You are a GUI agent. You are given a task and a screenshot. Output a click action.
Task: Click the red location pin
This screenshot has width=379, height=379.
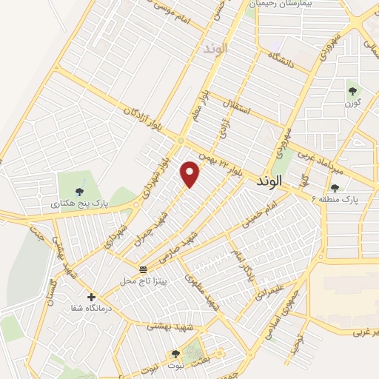pyautogui.click(x=191, y=173)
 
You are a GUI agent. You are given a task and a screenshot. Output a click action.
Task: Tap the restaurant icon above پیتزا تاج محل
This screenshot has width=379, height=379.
pyautogui.click(x=143, y=268)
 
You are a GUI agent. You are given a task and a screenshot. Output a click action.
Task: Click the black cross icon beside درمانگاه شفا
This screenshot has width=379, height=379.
pyautogui.click(x=91, y=296)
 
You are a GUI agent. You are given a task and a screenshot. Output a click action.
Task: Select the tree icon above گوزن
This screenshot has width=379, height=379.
pyautogui.click(x=352, y=92)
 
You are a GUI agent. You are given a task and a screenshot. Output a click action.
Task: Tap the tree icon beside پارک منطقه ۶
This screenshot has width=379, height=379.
pyautogui.click(x=335, y=188)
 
